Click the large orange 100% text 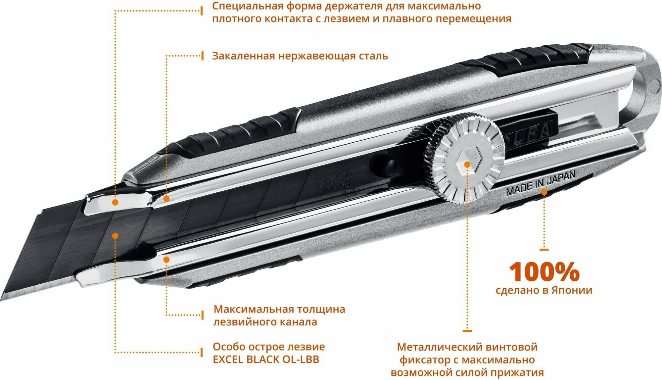544,272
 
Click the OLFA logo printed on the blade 334,179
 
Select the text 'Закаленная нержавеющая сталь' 300,56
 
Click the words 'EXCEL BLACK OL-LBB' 266,359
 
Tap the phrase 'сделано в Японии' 544,290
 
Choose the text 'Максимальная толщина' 279,309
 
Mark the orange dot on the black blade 115,236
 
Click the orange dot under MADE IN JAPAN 544,192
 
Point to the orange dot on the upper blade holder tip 115,202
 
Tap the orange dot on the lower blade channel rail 166,260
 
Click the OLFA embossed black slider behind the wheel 526,132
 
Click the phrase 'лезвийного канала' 265,322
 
